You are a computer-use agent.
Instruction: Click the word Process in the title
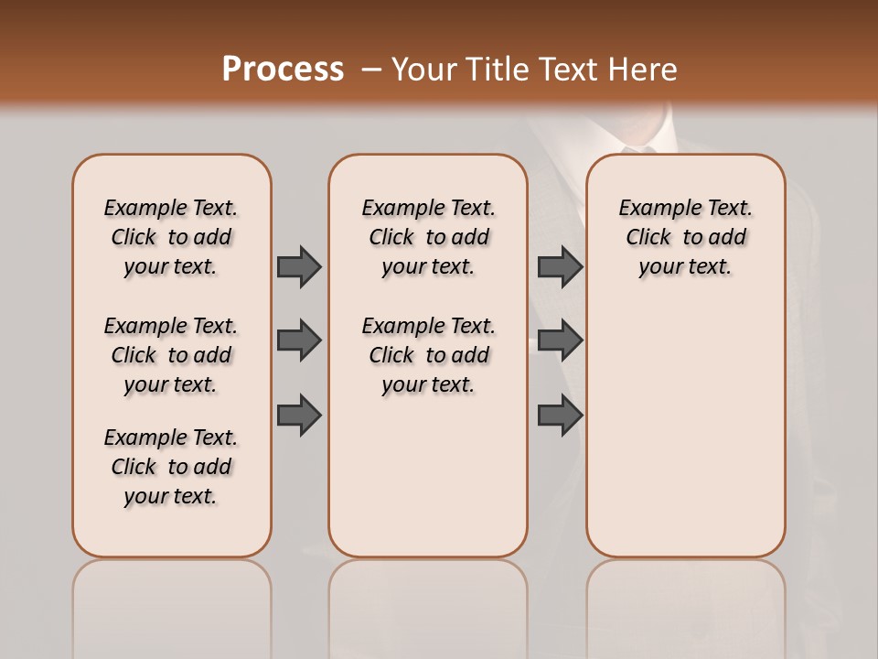click(283, 69)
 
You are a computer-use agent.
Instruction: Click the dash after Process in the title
click(370, 70)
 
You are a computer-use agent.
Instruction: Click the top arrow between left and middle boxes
click(299, 266)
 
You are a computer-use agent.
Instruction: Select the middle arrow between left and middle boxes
click(299, 340)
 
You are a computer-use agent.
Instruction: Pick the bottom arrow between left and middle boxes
click(299, 416)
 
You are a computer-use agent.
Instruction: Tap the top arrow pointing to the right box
click(560, 266)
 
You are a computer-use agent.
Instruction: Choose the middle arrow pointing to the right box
click(560, 340)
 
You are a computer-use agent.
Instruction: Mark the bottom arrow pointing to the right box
click(560, 416)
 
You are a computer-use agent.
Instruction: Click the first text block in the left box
click(171, 237)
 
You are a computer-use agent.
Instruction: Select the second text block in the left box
click(171, 355)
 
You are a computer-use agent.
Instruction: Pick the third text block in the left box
click(171, 467)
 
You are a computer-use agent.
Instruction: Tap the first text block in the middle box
click(428, 237)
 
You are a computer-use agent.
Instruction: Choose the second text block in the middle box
click(428, 355)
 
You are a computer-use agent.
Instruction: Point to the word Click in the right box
click(648, 238)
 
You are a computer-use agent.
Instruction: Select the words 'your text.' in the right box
click(685, 267)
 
